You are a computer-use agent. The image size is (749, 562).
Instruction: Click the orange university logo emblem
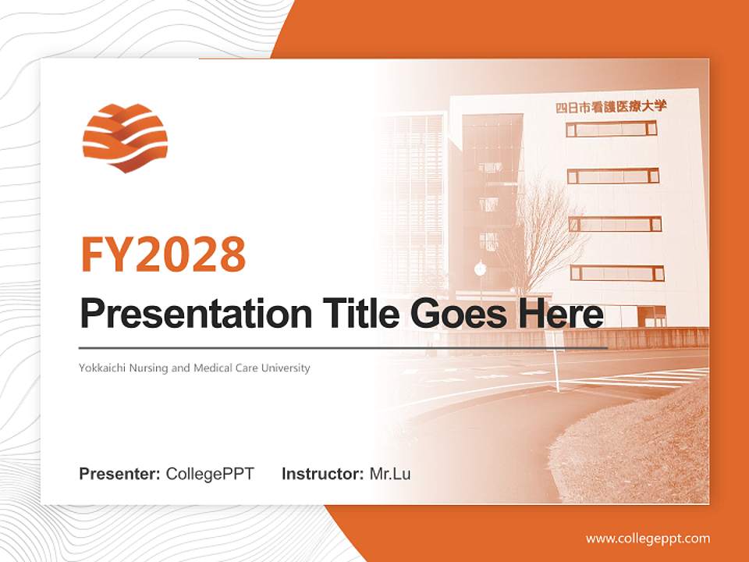click(125, 137)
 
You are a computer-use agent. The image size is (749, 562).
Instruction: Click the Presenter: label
click(120, 474)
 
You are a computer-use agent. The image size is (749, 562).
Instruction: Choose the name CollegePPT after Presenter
click(210, 474)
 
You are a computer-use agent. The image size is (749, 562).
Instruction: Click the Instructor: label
click(323, 474)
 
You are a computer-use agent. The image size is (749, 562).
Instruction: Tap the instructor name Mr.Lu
click(390, 474)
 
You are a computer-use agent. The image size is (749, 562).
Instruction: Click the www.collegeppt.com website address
click(648, 539)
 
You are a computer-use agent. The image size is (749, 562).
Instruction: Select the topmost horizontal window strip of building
click(611, 129)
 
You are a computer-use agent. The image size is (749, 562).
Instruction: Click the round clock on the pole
click(480, 269)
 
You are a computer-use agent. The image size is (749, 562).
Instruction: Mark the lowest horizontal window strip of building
click(616, 273)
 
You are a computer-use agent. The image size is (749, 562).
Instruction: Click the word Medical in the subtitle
click(211, 368)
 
